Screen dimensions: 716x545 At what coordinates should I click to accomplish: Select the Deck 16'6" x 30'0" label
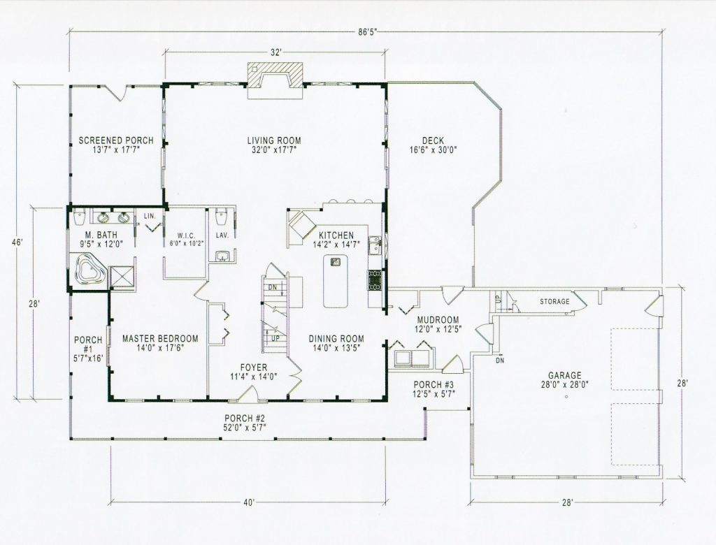click(433, 145)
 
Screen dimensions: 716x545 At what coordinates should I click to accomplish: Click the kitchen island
click(336, 281)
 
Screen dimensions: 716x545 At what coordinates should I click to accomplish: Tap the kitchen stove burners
click(375, 279)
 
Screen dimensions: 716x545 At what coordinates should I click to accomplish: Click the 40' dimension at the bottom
click(248, 502)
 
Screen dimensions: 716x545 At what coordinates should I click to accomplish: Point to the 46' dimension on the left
click(17, 243)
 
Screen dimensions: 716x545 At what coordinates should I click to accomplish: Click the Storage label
click(554, 302)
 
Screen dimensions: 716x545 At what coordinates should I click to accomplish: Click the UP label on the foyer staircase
click(275, 339)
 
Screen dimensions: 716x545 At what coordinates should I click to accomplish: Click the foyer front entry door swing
click(250, 393)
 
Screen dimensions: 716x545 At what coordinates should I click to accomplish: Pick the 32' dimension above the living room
click(275, 52)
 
